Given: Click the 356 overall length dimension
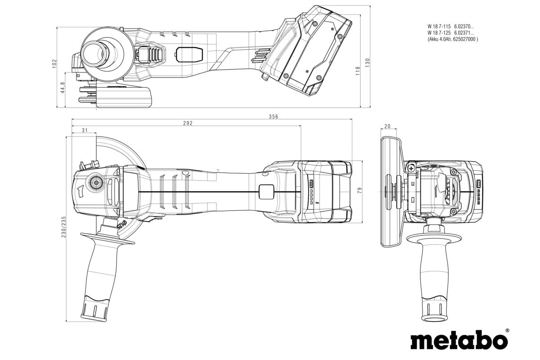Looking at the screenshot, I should [x=274, y=117].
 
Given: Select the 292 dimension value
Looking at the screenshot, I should [x=188, y=123].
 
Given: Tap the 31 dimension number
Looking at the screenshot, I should [x=85, y=130].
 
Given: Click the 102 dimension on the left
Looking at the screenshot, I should [x=55, y=63].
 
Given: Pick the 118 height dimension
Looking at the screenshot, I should [x=358, y=71].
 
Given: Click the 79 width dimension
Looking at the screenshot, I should [x=359, y=191].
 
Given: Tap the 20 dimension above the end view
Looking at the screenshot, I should [x=388, y=126].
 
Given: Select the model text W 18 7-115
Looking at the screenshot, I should [x=438, y=27].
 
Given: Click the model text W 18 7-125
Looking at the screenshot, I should [x=438, y=33].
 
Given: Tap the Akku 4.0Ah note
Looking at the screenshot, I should [x=453, y=39].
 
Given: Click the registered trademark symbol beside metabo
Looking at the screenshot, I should [x=507, y=331].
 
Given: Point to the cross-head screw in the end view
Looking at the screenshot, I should [x=412, y=168].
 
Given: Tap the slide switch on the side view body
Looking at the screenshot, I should [x=184, y=54].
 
